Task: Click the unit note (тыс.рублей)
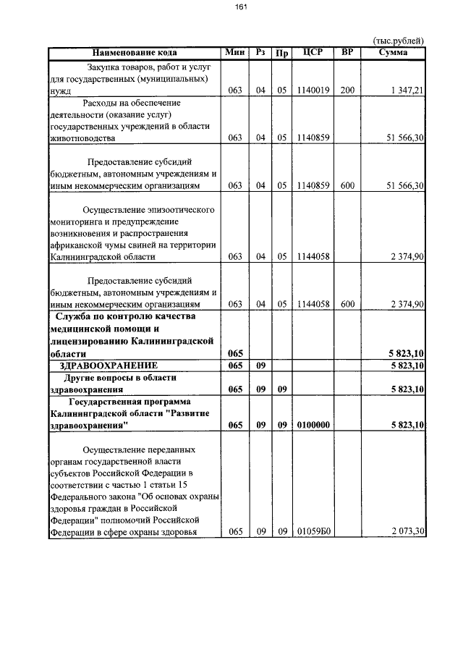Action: coord(398,41)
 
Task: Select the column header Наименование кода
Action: coord(134,53)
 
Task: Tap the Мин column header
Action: coord(235,53)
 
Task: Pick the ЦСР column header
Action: coord(313,53)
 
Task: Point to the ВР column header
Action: coord(348,53)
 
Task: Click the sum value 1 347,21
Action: coord(406,90)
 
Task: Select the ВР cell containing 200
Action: coord(348,90)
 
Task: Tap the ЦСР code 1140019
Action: coord(313,90)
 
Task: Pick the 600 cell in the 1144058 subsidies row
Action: coord(348,304)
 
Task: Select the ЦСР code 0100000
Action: coord(313,426)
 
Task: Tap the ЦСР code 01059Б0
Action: coord(313,532)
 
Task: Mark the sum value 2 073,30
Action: coord(406,532)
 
